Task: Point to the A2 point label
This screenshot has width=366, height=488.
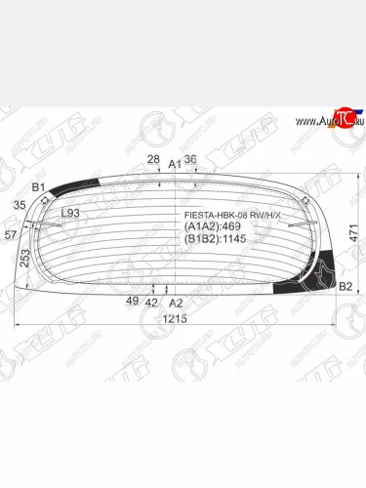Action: (176, 303)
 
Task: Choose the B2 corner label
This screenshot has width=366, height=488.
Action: (345, 286)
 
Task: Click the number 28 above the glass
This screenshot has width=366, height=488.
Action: (153, 159)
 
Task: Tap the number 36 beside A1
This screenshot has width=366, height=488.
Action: (190, 159)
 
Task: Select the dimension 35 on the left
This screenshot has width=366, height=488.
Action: (20, 205)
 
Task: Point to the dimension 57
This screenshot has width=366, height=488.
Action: (11, 235)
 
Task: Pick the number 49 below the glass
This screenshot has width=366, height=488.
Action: (131, 302)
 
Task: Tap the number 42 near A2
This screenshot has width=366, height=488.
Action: (151, 303)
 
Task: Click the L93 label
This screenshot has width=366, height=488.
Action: (70, 214)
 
